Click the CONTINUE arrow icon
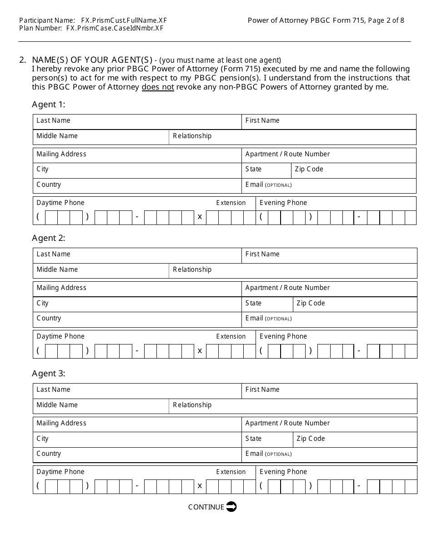tap(231, 507)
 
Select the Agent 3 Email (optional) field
tap(329, 455)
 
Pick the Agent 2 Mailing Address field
tap(137, 289)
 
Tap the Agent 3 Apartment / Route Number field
tap(329, 424)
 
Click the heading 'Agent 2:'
tap(49, 238)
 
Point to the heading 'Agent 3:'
tap(49, 374)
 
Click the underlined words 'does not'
tap(158, 87)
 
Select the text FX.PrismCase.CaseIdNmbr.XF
tap(115, 28)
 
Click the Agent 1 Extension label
tap(231, 203)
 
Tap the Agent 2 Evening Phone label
tap(283, 336)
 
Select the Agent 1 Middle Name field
tap(100, 137)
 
